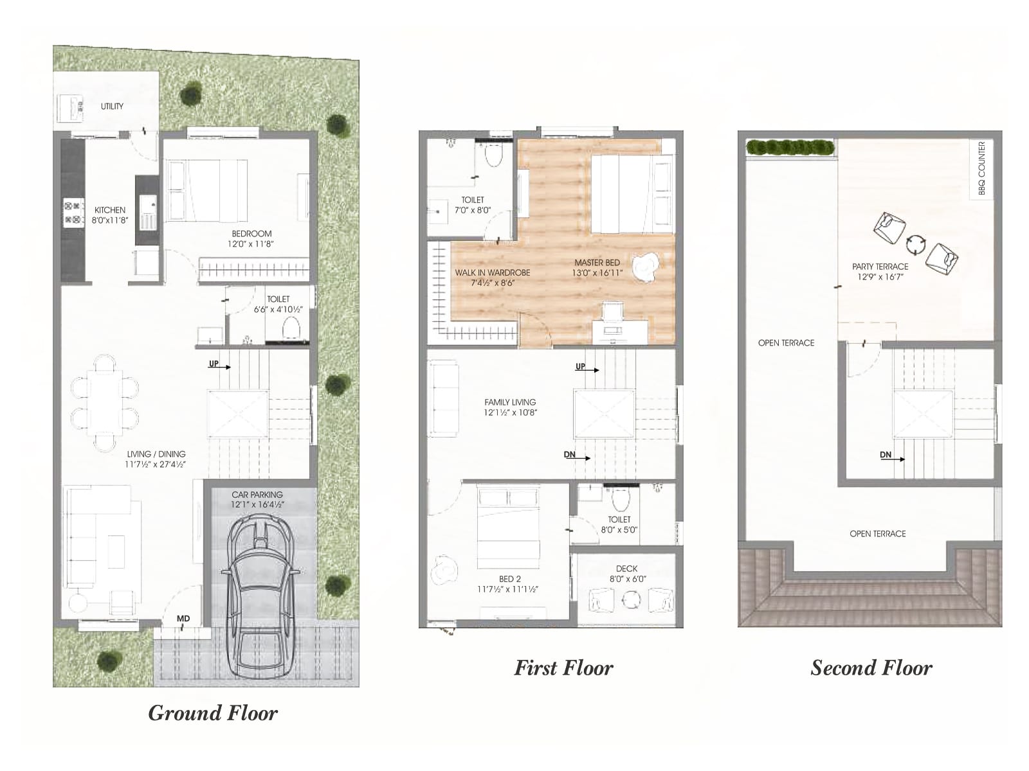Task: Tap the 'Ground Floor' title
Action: (213, 713)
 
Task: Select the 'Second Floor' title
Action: (871, 668)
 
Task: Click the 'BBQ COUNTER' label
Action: (981, 168)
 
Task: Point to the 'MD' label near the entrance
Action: (183, 619)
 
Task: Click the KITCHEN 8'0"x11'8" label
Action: (110, 215)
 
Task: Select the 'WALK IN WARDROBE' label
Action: (493, 278)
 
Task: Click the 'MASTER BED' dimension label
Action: (597, 267)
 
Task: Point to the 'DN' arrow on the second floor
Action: (891, 456)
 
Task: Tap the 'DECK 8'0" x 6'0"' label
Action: (626, 573)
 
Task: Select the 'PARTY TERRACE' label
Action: (880, 271)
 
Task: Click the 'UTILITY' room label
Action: (112, 107)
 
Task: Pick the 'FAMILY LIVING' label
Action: (510, 407)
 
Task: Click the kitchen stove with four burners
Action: (73, 213)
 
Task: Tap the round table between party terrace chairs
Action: (916, 244)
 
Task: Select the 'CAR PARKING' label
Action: (257, 499)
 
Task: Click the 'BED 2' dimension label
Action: (507, 584)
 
